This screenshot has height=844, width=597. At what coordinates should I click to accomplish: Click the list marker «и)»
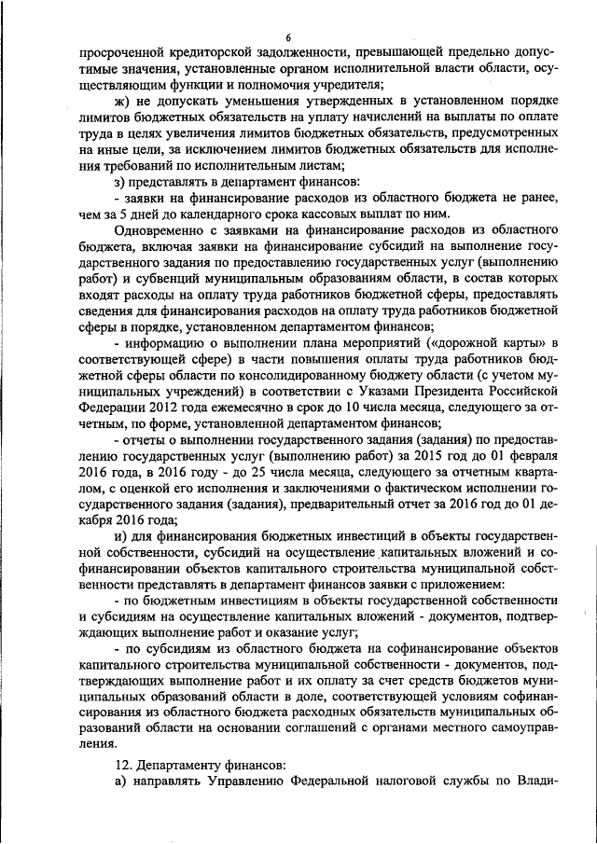119,536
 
